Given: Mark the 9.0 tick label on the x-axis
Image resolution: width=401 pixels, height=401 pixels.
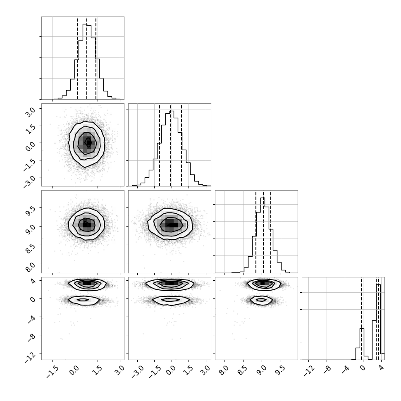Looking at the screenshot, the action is (261, 370).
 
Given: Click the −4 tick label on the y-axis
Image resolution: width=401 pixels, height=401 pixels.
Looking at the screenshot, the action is (31, 319).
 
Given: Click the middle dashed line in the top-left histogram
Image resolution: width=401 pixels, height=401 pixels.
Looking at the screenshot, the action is (87, 58).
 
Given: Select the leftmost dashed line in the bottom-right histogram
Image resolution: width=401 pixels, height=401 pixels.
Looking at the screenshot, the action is (361, 319).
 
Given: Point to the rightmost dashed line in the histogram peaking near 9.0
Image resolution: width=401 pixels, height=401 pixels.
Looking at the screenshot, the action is (271, 232).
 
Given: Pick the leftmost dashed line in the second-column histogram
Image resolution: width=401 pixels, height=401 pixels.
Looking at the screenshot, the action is (159, 145).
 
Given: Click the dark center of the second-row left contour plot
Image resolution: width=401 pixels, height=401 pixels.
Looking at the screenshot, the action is (88, 143).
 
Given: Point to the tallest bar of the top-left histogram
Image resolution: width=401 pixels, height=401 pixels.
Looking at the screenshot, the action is (85, 61).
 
